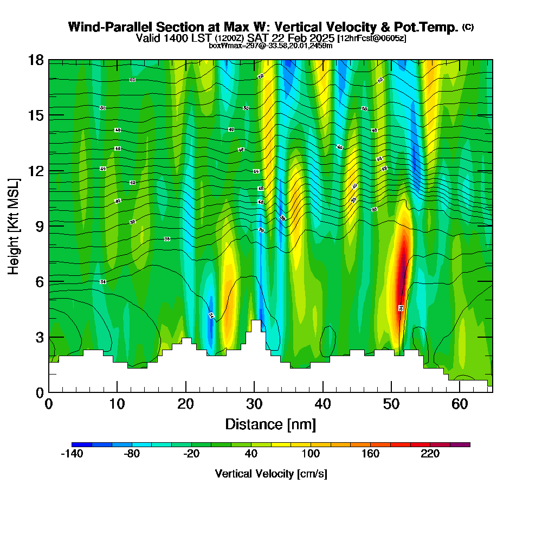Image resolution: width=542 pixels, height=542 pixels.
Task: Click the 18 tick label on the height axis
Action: [36, 60]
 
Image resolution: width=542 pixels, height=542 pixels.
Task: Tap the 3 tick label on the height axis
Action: [39, 337]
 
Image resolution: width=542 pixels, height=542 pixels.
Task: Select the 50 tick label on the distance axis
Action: [391, 404]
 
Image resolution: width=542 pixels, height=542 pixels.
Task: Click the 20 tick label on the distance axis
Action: [186, 404]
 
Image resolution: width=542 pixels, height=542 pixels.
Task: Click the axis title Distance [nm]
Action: [270, 424]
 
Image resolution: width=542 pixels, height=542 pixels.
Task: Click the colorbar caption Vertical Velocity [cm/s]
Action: [270, 474]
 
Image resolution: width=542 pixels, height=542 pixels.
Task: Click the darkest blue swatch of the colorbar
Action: [81, 444]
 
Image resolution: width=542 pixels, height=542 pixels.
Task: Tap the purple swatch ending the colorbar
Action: [460, 444]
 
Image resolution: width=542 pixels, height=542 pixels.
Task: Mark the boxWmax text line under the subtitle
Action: [270, 46]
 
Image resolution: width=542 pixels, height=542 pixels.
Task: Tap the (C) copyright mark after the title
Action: [468, 27]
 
